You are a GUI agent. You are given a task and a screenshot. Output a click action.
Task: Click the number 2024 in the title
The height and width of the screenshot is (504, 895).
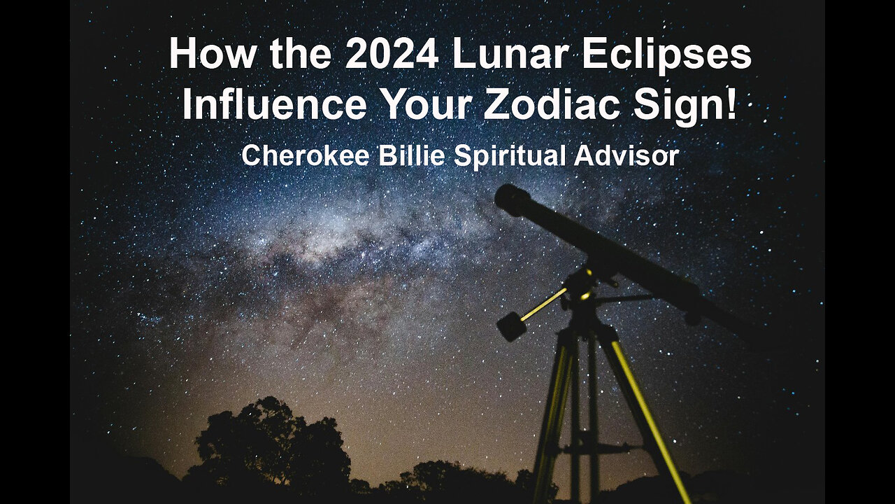392,55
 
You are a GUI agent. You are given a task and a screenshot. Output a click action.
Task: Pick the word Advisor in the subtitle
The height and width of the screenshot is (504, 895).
637,155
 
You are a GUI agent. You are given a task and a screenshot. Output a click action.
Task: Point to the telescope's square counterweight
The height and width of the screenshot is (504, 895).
512,325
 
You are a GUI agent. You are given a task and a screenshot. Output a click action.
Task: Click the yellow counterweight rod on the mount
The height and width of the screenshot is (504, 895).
543,304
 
